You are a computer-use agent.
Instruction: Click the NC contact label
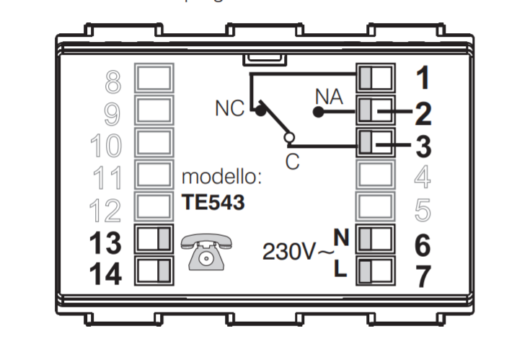click(x=230, y=109)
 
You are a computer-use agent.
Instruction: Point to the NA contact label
click(x=330, y=95)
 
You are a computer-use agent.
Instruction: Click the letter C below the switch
click(x=292, y=162)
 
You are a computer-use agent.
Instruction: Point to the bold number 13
click(x=105, y=244)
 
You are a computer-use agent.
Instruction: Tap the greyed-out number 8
click(x=112, y=82)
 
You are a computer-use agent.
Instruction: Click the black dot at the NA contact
click(x=316, y=112)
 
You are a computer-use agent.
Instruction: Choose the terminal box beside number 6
click(x=376, y=239)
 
